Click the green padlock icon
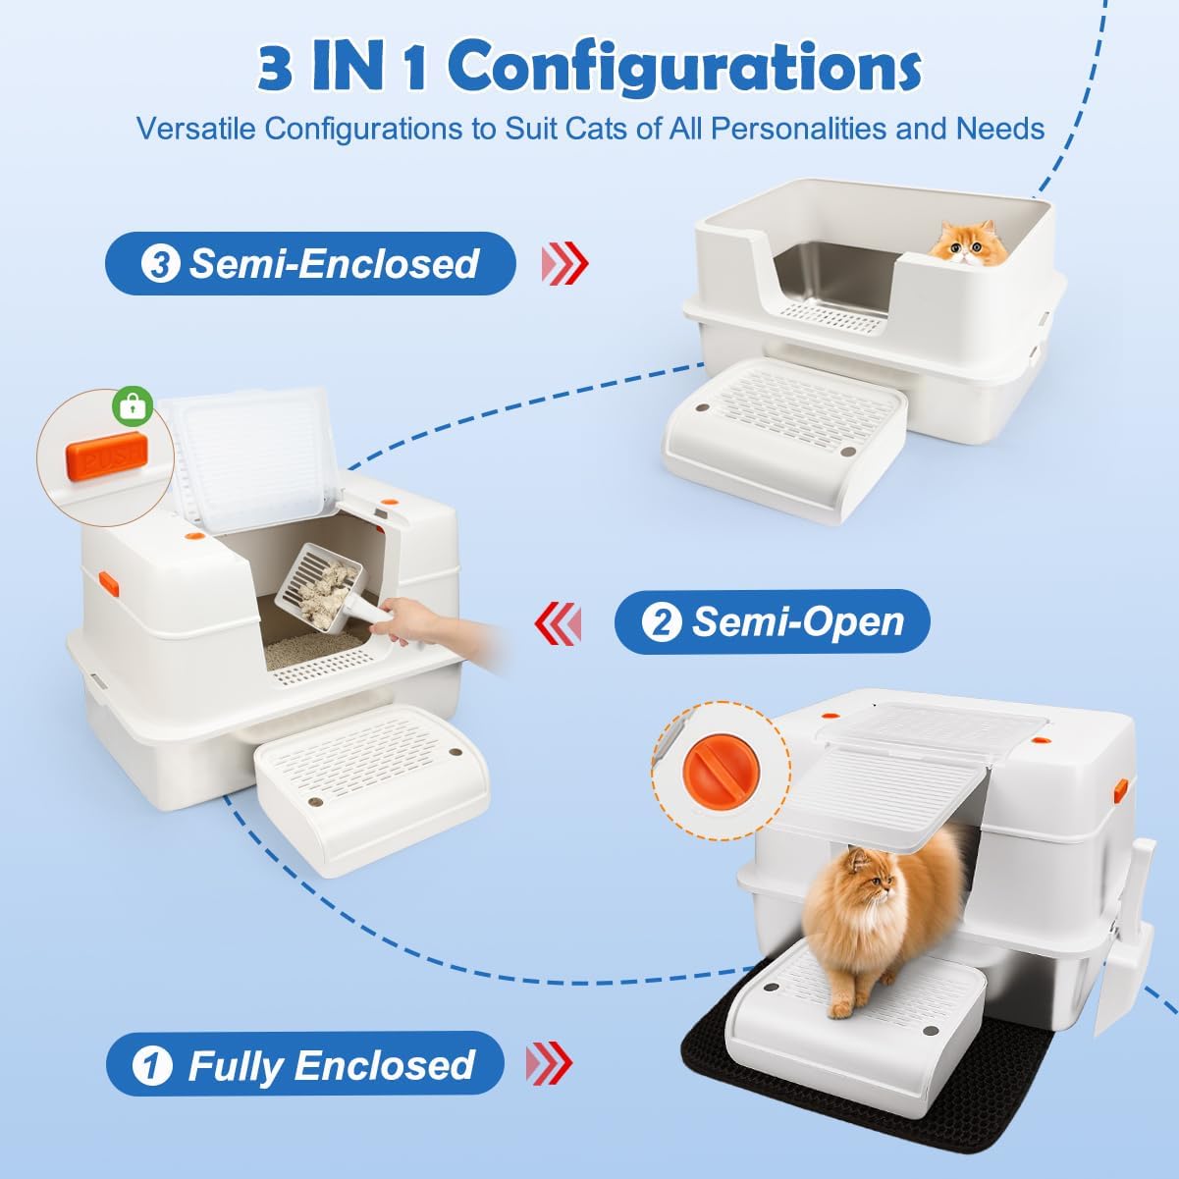click(133, 404)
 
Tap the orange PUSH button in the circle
click(108, 455)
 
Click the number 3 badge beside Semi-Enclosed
click(160, 264)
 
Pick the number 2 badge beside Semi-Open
click(662, 622)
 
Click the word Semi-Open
click(798, 622)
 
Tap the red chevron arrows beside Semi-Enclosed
click(564, 264)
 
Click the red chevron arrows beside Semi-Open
click(558, 622)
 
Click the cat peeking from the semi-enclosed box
click(969, 243)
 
